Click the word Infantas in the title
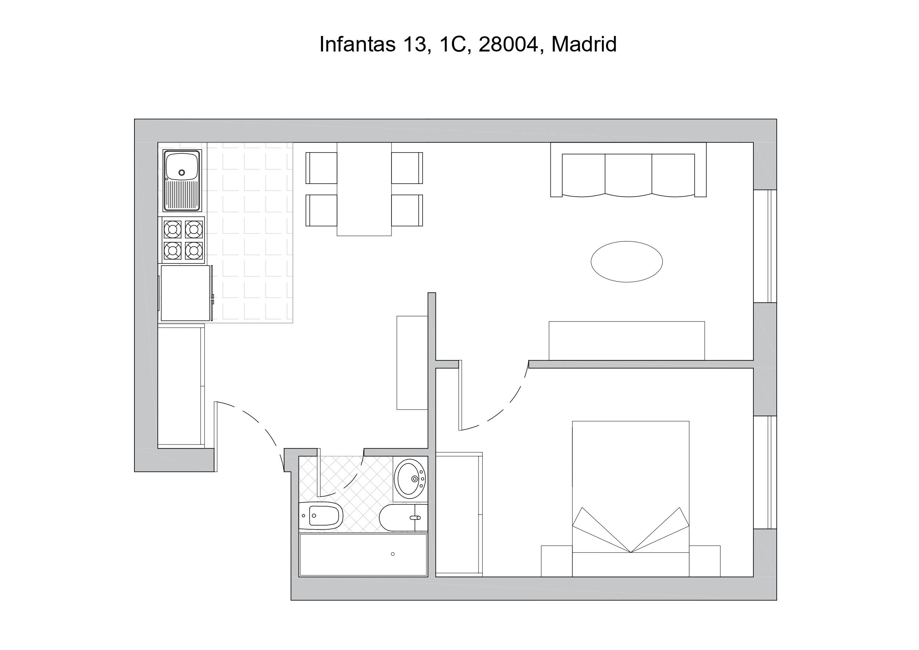pos(357,44)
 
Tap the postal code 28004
pos(508,44)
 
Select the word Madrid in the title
pos(584,44)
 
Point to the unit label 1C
pos(453,44)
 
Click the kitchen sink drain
pos(182,173)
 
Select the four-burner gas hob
pos(183,240)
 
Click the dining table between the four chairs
pos(364,189)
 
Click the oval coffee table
pos(627,262)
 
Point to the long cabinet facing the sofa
pos(627,341)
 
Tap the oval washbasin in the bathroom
pos(409,478)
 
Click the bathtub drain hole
pos(393,554)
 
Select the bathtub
pos(363,555)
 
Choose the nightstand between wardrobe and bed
pos(557,561)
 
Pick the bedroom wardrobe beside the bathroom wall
pos(459,514)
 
